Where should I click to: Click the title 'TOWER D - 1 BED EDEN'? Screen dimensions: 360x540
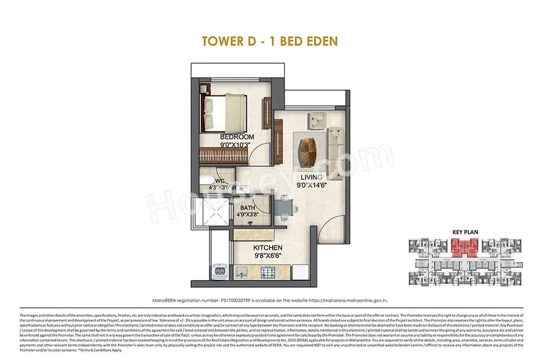tap(269, 41)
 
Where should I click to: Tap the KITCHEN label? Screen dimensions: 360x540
tap(268, 248)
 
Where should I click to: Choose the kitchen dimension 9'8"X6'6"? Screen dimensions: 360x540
tap(268, 256)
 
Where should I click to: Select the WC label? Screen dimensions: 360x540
tap(220, 181)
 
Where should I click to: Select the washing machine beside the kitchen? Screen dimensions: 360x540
tap(220, 270)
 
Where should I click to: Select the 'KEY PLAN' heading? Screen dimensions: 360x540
tap(465, 232)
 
